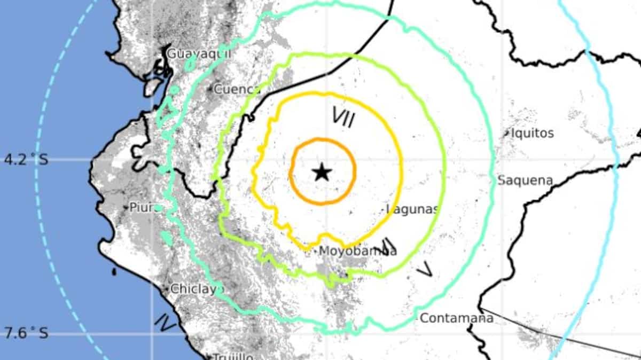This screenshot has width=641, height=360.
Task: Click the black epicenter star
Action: pos(322,173)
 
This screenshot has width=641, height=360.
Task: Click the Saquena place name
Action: pos(525,181)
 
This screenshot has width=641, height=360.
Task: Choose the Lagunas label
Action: pos(413,209)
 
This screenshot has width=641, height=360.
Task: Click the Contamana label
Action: pos(456,318)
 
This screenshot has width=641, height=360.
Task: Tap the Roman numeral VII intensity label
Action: pos(343,117)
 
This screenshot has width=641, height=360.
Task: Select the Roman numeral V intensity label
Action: pos(425,270)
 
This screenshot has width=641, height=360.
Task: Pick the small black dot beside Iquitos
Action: pos(507,134)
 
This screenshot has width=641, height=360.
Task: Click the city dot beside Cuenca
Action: pos(211,89)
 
